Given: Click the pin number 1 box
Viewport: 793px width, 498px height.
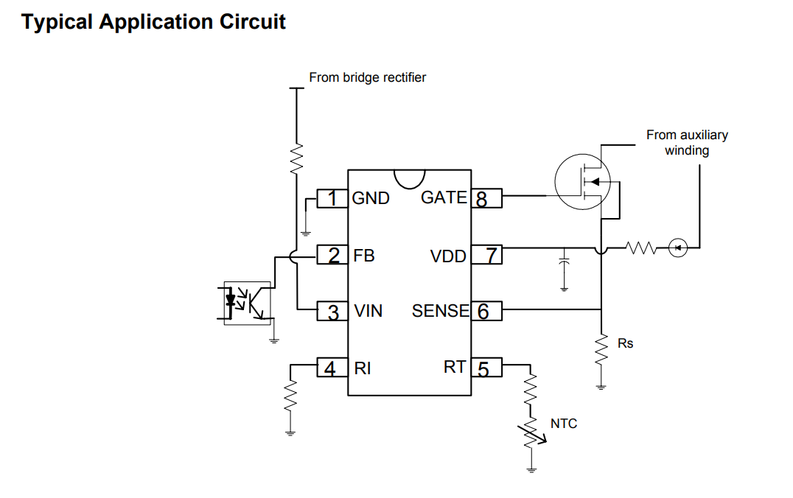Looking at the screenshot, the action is click(x=332, y=198).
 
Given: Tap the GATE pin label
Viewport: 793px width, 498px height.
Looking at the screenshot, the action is click(x=444, y=197).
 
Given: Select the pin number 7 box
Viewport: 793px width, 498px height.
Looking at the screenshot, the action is click(x=486, y=255).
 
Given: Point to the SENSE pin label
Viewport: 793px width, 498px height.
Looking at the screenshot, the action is click(x=441, y=311).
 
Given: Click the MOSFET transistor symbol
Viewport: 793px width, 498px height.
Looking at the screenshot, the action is click(x=583, y=182).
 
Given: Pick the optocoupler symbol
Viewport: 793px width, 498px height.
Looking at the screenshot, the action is click(x=247, y=303).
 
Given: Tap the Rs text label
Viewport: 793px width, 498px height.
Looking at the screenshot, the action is click(x=625, y=343).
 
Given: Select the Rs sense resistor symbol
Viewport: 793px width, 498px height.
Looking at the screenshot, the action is click(x=601, y=348).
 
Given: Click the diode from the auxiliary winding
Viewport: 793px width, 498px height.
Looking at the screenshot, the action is click(x=678, y=248).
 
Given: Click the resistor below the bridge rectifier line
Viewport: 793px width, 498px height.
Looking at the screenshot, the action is click(x=296, y=158).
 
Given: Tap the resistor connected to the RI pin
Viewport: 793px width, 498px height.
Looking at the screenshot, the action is click(x=290, y=397).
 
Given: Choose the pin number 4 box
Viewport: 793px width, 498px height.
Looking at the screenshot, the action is click(x=332, y=368).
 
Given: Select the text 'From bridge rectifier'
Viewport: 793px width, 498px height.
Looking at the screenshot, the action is click(x=367, y=77).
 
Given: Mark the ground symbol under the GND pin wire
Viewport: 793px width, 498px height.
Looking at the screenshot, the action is click(x=305, y=234).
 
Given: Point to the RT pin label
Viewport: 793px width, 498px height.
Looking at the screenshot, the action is click(x=455, y=367).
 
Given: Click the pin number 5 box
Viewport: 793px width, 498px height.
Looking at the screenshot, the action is click(x=486, y=368).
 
